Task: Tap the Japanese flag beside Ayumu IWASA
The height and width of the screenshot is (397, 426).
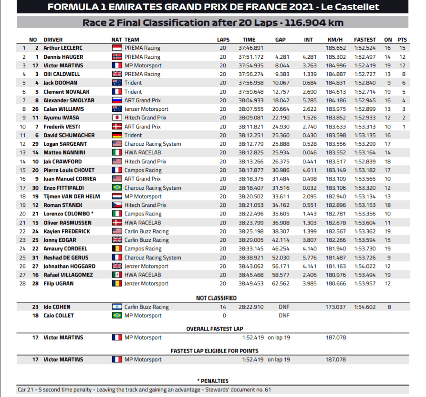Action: pyautogui.click(x=117, y=118)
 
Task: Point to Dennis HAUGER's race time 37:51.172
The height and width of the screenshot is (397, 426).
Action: pyautogui.click(x=251, y=57)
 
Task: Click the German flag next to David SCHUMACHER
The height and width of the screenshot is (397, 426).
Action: pyautogui.click(x=117, y=135)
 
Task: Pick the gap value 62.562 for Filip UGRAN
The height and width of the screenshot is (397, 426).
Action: pyautogui.click(x=281, y=284)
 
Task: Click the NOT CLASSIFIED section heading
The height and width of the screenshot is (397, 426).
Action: pyautogui.click(x=216, y=298)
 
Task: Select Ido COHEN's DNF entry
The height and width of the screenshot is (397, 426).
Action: pyautogui.click(x=284, y=307)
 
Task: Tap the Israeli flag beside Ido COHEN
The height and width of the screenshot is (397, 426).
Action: pyautogui.click(x=117, y=307)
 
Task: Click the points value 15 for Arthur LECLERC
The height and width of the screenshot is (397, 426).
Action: pyautogui.click(x=402, y=48)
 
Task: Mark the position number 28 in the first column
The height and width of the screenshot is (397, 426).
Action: pyautogui.click(x=22, y=284)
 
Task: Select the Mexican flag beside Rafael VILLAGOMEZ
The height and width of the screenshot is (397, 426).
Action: pyautogui.click(x=117, y=275)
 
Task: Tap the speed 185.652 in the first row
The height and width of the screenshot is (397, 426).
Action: pyautogui.click(x=335, y=48)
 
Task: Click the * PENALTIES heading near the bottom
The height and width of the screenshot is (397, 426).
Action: pyautogui.click(x=213, y=381)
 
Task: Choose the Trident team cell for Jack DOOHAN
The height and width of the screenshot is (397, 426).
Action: pyautogui.click(x=133, y=83)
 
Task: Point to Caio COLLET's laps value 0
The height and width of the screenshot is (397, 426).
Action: pyautogui.click(x=223, y=316)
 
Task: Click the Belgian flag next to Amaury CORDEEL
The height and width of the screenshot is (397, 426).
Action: pyautogui.click(x=117, y=248)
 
